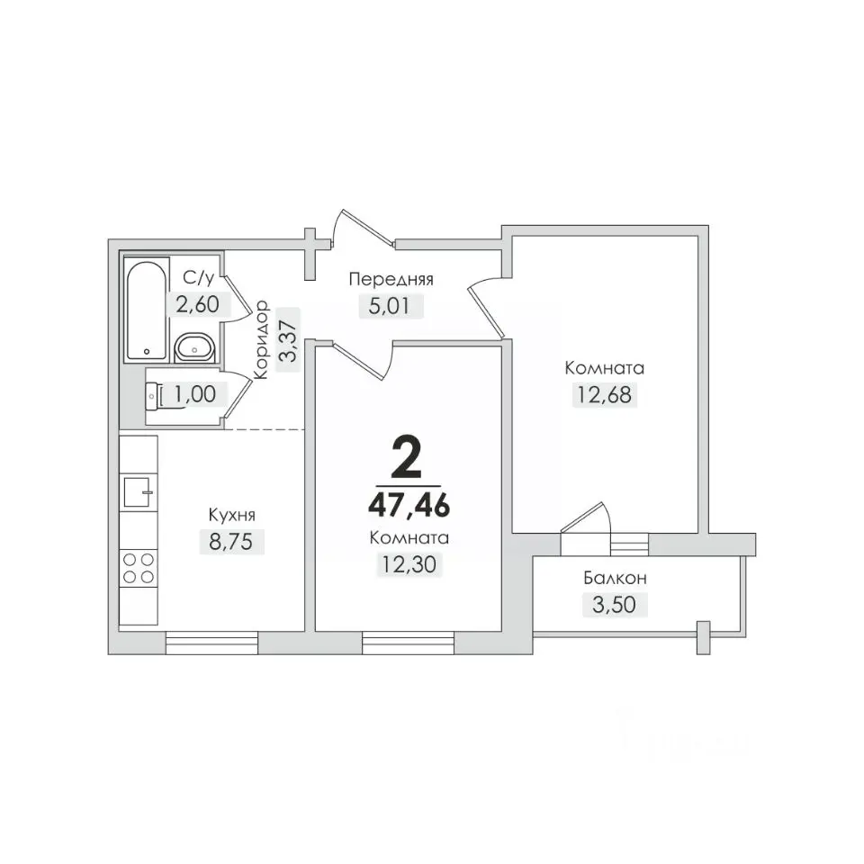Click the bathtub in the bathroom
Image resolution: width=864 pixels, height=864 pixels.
click(146, 310)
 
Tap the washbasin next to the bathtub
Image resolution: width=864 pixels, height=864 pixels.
click(195, 347)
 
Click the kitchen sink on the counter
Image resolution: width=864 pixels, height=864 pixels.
click(139, 492)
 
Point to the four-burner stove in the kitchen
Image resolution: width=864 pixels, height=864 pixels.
click(139, 569)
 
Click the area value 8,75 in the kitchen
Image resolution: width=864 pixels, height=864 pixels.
click(231, 541)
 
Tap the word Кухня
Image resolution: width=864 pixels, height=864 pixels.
click(232, 515)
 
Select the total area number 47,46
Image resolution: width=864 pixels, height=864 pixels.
click(409, 505)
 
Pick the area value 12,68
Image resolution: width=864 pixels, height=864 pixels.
click(605, 394)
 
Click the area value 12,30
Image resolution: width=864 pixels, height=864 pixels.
click(409, 564)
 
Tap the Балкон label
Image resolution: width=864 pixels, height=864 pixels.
click(615, 578)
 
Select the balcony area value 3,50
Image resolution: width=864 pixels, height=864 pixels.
click(615, 605)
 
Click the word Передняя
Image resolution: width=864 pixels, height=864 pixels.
click(391, 279)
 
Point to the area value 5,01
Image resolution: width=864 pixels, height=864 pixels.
click(391, 305)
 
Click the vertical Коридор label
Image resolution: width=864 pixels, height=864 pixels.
click(261, 340)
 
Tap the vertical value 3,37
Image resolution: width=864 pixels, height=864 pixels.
click(288, 340)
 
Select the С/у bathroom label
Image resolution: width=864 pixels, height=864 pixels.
click(198, 278)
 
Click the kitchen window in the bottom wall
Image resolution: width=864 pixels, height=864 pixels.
click(211, 643)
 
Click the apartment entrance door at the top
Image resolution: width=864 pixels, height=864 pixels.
click(364, 227)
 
